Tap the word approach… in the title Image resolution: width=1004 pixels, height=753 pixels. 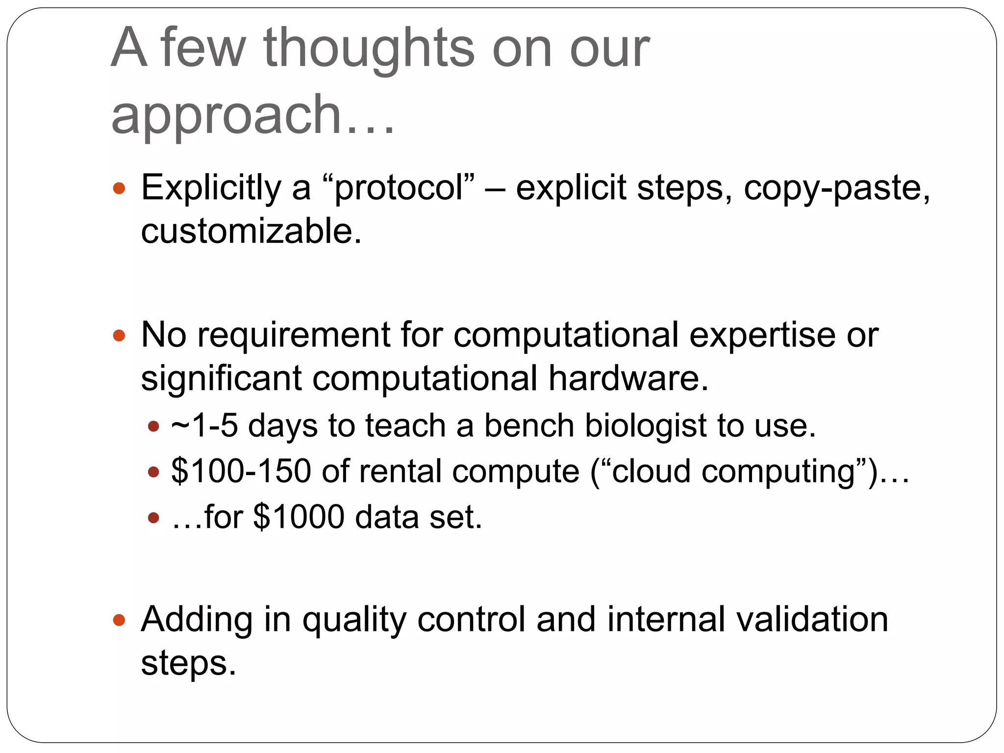252,115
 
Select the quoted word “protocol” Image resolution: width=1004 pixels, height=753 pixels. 399,188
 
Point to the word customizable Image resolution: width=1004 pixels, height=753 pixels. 251,231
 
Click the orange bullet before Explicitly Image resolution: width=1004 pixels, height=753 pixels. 119,188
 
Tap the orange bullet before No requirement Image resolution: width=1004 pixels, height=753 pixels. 119,336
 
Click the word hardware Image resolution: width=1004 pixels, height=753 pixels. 628,378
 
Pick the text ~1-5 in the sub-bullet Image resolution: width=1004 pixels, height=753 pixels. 204,426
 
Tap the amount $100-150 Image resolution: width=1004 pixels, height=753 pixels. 241,472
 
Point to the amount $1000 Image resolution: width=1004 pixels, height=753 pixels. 299,517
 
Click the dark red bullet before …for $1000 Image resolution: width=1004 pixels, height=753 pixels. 153,518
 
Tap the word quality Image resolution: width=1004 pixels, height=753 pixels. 354,620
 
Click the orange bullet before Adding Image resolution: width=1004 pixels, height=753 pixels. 119,620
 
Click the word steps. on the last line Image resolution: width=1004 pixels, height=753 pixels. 188,663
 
